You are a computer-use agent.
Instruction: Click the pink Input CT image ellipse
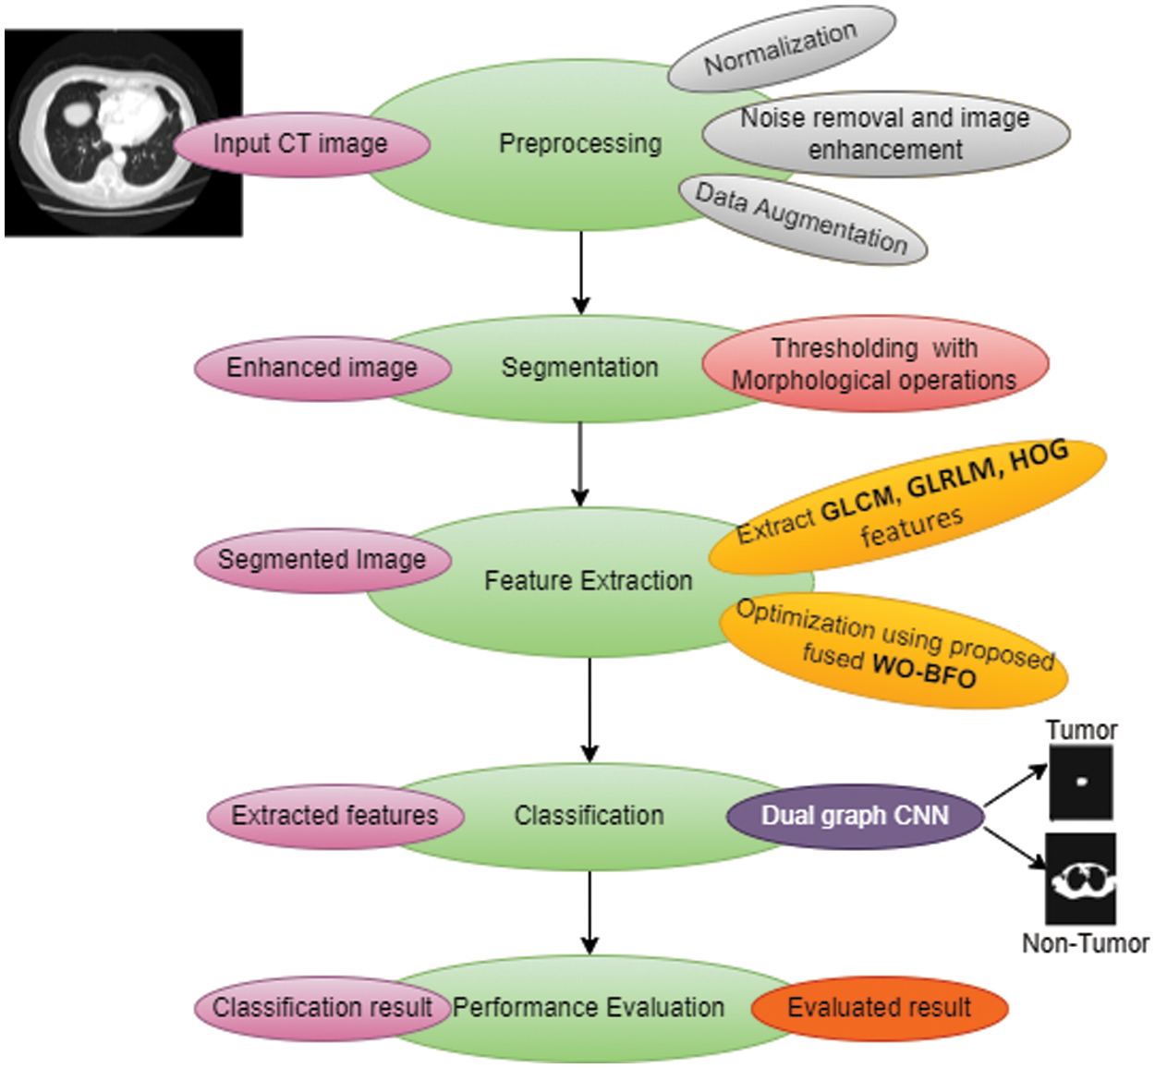point(301,144)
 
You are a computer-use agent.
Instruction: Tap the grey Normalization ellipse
point(781,50)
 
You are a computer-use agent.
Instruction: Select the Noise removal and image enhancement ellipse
point(885,133)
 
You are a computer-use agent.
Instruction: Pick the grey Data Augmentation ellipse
point(802,219)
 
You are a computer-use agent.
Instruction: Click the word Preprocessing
point(580,144)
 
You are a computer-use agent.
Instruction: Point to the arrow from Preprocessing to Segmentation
point(580,273)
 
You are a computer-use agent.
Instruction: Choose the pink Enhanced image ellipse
point(322,368)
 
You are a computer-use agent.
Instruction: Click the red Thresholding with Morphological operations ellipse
point(874,364)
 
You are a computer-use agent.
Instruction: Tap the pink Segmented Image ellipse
point(322,560)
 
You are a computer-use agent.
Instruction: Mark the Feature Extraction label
point(588,581)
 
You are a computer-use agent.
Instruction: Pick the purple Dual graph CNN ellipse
point(855,816)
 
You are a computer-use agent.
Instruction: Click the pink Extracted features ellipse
point(334,816)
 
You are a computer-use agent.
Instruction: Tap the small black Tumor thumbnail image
point(1081,783)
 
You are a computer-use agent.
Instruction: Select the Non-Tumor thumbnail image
point(1081,880)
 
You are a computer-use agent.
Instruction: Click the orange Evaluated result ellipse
point(879,1007)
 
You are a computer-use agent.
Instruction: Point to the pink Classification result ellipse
point(322,1007)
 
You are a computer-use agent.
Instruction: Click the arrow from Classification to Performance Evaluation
point(590,912)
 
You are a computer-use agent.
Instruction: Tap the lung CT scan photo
point(123,132)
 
